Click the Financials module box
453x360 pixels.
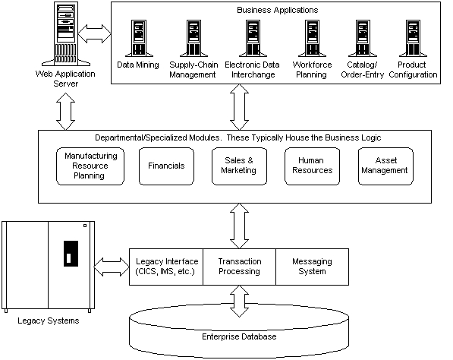[x=166, y=166]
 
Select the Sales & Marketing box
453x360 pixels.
[x=239, y=166]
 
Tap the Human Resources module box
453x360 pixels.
[x=313, y=166]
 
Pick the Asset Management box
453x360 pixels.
[x=385, y=166]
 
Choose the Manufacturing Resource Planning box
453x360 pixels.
[x=90, y=166]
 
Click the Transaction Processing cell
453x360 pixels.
[x=240, y=267]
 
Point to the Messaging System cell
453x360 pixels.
[x=313, y=267]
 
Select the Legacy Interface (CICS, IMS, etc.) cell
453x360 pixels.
[x=166, y=267]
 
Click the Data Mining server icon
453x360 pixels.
[x=139, y=38]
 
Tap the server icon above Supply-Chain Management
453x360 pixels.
[x=193, y=38]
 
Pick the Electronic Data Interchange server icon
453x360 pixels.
[x=253, y=38]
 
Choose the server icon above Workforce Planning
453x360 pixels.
[x=313, y=38]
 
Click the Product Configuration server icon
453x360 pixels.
[x=413, y=38]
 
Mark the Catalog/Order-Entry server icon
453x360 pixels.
[x=363, y=38]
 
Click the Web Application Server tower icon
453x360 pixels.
[x=66, y=34]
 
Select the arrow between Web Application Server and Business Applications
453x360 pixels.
[x=95, y=34]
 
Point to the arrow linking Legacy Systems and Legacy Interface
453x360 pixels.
[x=112, y=267]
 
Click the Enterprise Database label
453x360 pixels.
[x=239, y=336]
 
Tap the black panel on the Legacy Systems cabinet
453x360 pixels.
[x=71, y=254]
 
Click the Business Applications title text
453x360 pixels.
[x=278, y=10]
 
